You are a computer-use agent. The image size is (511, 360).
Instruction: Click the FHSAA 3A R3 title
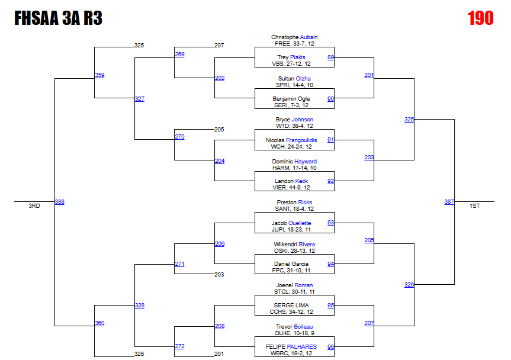[58, 19]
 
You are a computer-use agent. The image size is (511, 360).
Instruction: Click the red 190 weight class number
[480, 18]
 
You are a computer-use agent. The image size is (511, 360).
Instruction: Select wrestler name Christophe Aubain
[294, 37]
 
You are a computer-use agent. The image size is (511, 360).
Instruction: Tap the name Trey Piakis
[294, 57]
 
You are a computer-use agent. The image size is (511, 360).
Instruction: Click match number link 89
[330, 57]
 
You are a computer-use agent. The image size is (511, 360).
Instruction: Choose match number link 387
[449, 202]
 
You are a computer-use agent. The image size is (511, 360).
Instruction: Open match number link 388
[59, 202]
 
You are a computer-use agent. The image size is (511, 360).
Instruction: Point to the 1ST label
[474, 206]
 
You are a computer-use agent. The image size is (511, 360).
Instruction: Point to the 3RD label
[34, 206]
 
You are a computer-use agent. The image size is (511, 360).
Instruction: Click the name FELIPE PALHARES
[294, 347]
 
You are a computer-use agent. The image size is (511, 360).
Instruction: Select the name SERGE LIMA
[294, 306]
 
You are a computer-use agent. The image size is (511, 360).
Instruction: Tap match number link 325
[409, 120]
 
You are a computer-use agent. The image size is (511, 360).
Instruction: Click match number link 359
[99, 75]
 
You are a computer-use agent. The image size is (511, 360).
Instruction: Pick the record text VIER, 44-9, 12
[294, 188]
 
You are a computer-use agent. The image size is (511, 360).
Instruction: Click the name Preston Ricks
[294, 202]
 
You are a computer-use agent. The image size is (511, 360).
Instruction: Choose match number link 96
[330, 347]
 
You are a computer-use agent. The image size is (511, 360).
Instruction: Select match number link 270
[179, 137]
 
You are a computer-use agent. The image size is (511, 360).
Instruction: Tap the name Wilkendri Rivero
[294, 245]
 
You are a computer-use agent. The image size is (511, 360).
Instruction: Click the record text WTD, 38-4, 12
[294, 126]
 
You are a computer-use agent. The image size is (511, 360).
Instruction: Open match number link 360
[99, 323]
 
